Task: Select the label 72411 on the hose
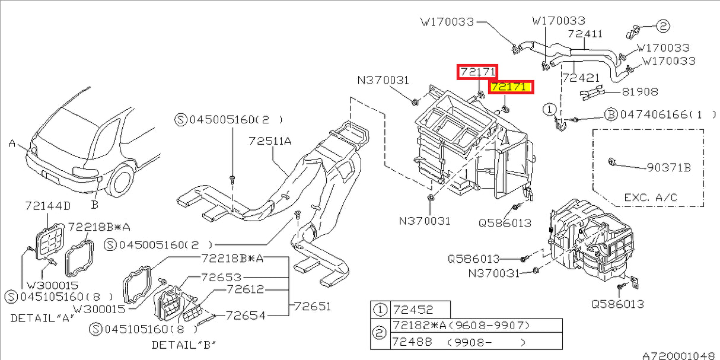coord(585,34)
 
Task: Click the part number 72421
coord(581,78)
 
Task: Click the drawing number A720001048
coord(678,355)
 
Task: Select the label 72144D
coord(47,206)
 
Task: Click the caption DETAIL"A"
coord(42,318)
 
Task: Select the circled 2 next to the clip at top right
coord(662,26)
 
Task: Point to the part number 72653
coord(221,277)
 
